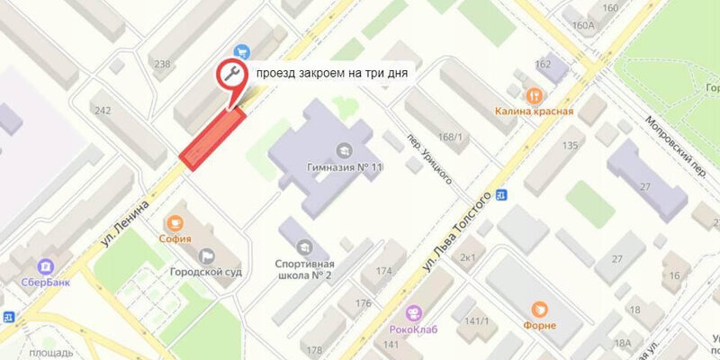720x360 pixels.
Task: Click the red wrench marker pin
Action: coord(229,75)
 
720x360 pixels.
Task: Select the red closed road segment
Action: coord(214,138)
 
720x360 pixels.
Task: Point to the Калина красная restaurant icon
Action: coord(534,95)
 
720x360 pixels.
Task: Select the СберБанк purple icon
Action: coord(43,266)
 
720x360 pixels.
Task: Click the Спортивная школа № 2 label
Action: coord(304,270)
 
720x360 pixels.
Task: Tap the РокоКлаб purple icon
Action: coord(413,312)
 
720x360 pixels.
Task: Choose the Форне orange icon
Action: coord(539,309)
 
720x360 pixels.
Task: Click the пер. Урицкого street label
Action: coord(427,149)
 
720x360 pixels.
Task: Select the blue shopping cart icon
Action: coord(241,51)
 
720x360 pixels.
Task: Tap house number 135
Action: coord(569,145)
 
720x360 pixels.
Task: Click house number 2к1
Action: coord(468,258)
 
